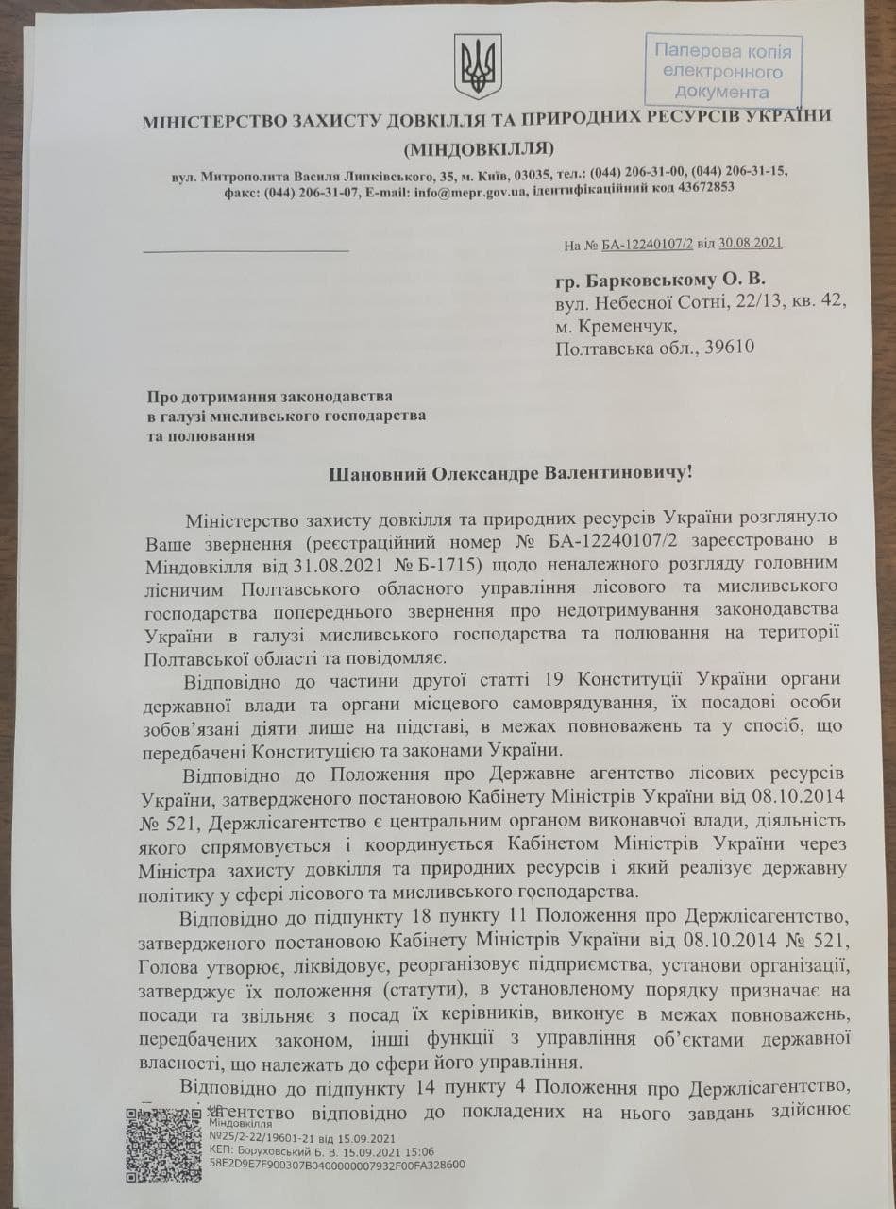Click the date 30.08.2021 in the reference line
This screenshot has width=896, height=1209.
pos(749,243)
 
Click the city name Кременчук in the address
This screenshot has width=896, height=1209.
pos(629,326)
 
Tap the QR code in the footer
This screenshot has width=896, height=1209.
pos(160,1144)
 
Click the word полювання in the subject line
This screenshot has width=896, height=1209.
pos(211,435)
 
